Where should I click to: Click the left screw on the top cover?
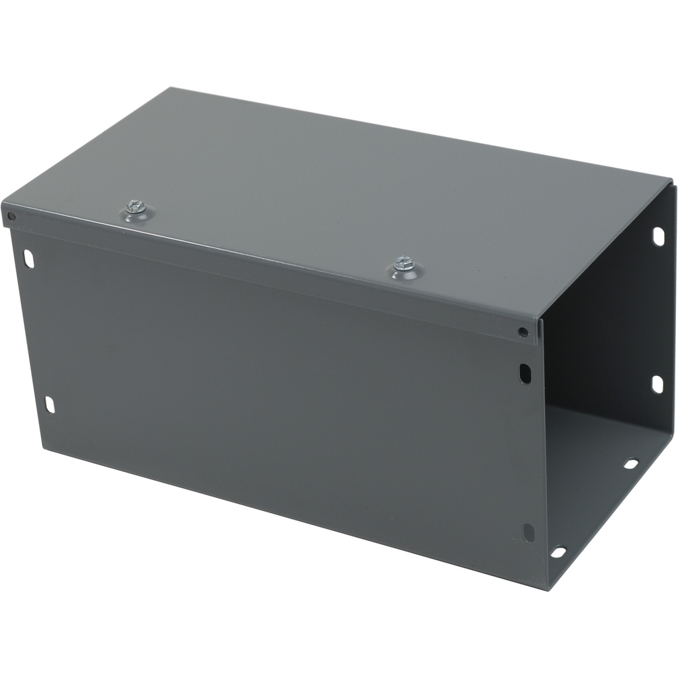tap(136, 208)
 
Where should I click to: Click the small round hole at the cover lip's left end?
tap(11, 216)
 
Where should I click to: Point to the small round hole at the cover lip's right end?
tap(524, 332)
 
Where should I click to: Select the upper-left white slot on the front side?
tap(29, 258)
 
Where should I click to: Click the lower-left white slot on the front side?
tap(50, 404)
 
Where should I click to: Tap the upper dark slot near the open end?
tap(525, 373)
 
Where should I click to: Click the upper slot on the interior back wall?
tap(657, 236)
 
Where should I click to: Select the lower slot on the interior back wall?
tap(657, 384)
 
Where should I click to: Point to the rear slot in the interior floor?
tap(631, 463)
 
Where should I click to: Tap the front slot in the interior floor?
tap(558, 552)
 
